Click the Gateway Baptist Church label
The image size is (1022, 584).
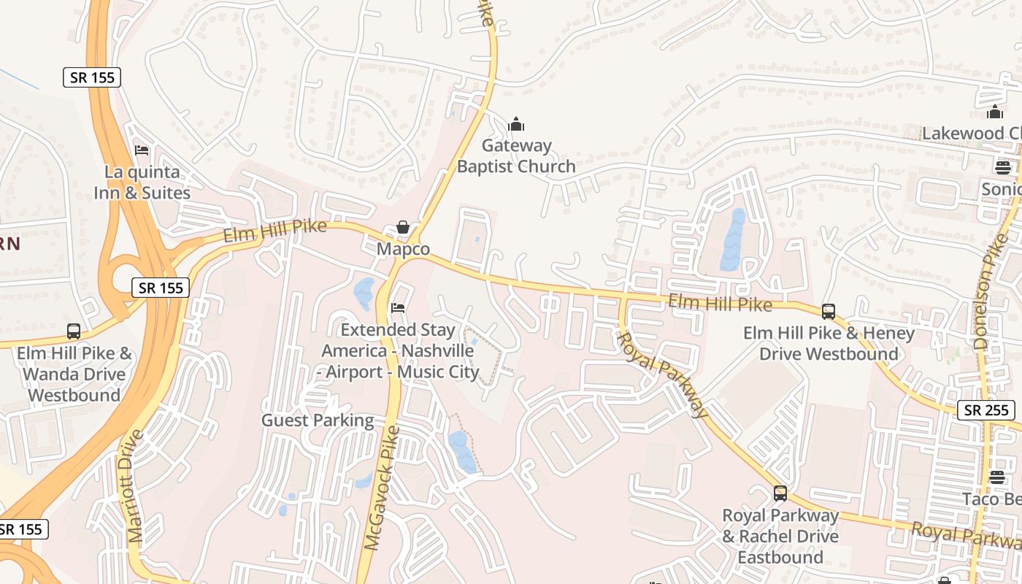(516, 156)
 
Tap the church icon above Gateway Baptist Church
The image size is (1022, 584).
(516, 124)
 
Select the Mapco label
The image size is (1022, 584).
(403, 249)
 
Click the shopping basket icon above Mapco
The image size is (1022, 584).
(403, 227)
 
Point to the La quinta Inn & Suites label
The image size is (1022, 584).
(142, 182)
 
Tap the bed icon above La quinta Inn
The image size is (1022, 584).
(142, 150)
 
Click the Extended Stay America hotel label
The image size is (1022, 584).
(399, 351)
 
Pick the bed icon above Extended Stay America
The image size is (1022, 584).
(398, 308)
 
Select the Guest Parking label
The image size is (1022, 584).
(318, 420)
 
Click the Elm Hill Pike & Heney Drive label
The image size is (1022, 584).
(829, 344)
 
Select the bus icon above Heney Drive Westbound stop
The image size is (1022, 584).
(829, 312)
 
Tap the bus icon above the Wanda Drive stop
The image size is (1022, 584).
(74, 331)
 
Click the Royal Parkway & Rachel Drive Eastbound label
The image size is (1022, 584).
(780, 537)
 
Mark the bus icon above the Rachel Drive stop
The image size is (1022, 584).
(780, 493)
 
